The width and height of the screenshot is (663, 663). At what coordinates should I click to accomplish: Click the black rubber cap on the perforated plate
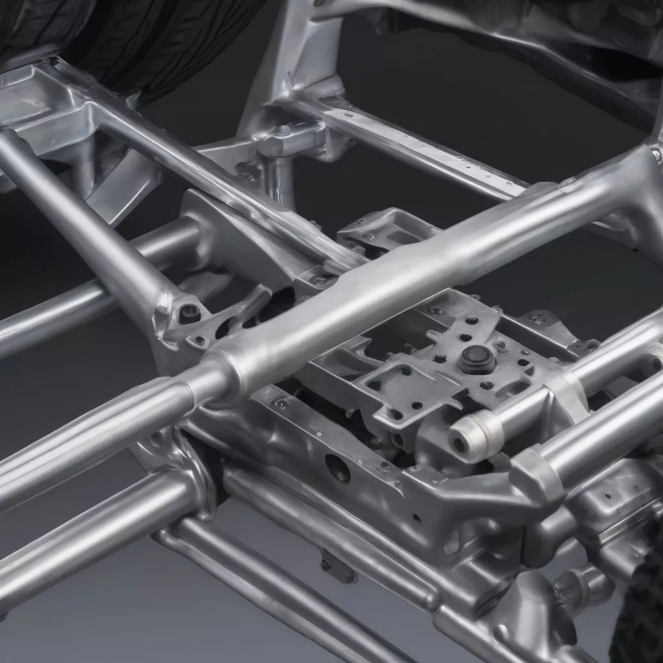pos(477,357)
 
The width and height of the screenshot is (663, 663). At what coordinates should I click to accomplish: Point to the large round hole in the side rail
pos(338,467)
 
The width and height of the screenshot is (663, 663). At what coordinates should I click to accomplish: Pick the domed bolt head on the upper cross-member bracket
pos(283,131)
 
